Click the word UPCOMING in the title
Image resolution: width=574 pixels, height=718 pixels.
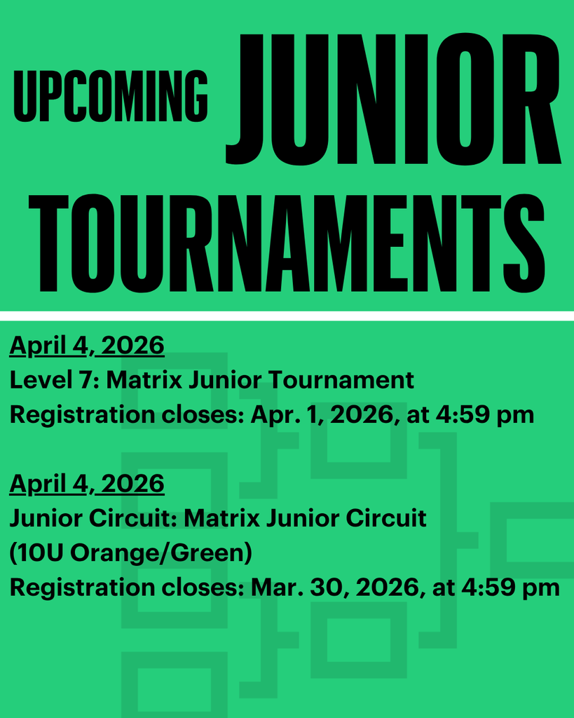(x=111, y=96)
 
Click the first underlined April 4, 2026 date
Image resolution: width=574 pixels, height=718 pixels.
(x=87, y=345)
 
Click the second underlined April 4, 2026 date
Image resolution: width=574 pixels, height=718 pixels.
(x=87, y=483)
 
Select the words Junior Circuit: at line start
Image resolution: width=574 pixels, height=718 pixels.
(x=95, y=518)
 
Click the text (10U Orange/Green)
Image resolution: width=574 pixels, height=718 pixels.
(x=130, y=553)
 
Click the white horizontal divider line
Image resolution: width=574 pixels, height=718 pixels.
(x=287, y=316)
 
